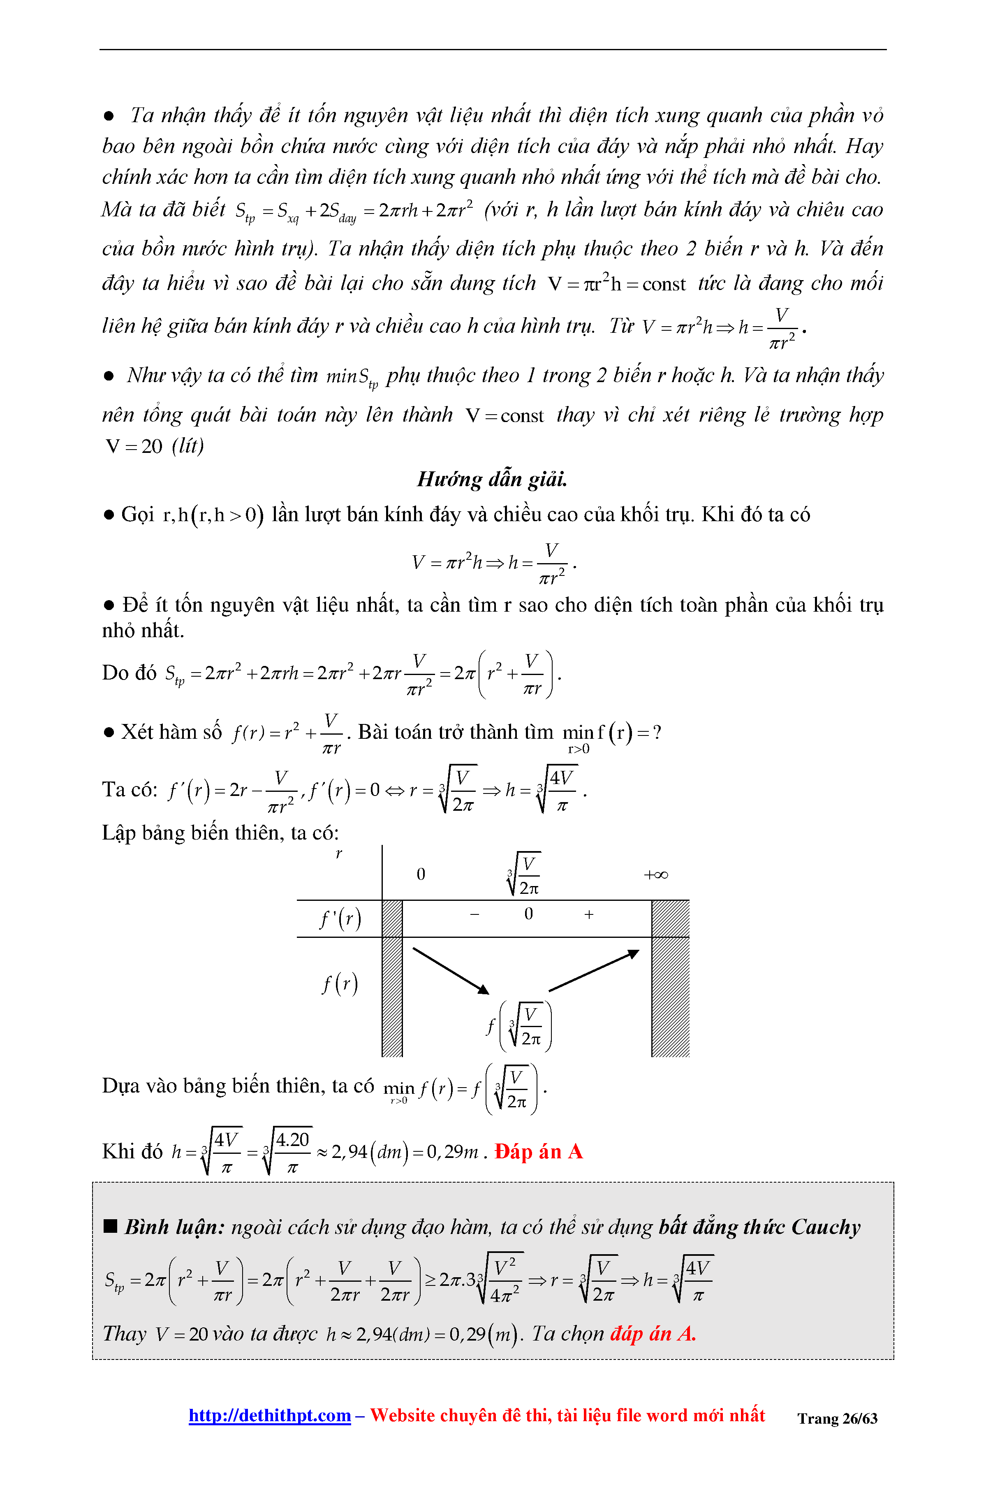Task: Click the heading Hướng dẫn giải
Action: coord(492,479)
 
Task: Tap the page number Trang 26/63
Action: coord(837,1418)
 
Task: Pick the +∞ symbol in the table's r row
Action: coord(655,875)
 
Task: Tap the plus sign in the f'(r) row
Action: coord(588,914)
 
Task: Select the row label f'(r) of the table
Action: coord(340,919)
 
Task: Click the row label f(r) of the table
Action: coord(340,983)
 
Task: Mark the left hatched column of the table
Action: coord(392,978)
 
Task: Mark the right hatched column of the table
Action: coord(670,978)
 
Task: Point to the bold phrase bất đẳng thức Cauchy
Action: coord(759,1227)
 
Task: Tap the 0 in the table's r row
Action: coord(421,875)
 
